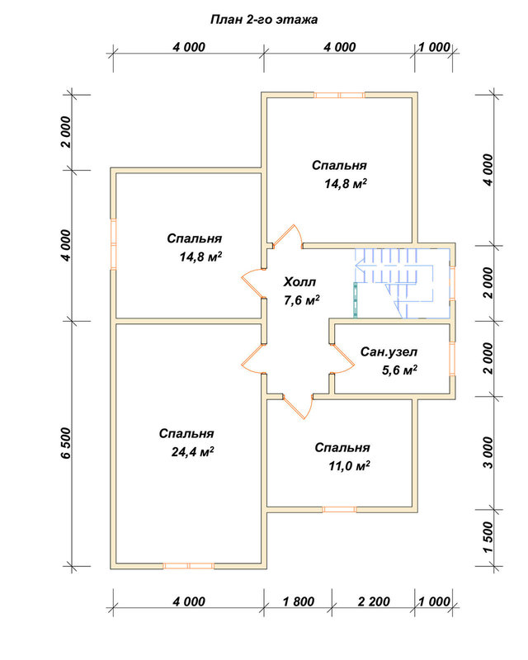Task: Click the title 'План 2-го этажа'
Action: (x=264, y=20)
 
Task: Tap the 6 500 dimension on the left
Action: (x=67, y=443)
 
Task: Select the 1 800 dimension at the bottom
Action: (x=299, y=601)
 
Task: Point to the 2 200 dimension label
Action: (x=374, y=601)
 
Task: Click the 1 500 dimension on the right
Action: (x=488, y=538)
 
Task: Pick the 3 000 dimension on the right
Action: (x=488, y=452)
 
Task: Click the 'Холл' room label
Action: (x=299, y=281)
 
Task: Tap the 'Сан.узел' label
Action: (x=389, y=351)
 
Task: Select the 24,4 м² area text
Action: (x=192, y=451)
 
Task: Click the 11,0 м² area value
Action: (x=349, y=465)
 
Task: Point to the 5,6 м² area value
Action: (x=399, y=370)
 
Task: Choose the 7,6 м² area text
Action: (x=301, y=300)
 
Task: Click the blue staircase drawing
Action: (x=401, y=283)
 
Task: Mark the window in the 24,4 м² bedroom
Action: (x=188, y=566)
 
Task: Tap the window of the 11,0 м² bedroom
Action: (x=339, y=509)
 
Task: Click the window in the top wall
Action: (x=339, y=95)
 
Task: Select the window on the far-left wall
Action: (x=113, y=243)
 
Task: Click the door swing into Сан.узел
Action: (x=342, y=359)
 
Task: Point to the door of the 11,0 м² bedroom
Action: (x=298, y=407)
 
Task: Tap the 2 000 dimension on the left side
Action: (x=67, y=132)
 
